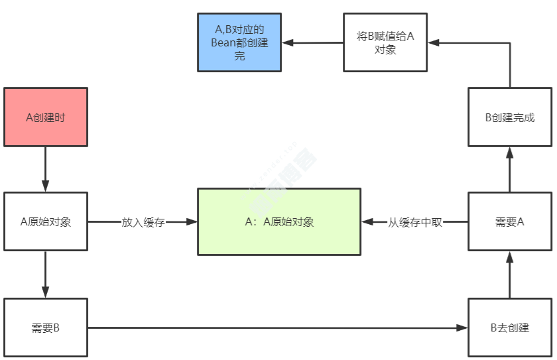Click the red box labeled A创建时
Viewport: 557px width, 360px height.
tap(46, 117)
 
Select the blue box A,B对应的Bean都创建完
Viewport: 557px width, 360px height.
tap(239, 42)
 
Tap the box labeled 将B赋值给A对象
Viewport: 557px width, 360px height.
tap(385, 42)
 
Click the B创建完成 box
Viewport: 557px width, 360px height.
tap(510, 117)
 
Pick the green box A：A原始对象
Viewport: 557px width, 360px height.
tap(279, 221)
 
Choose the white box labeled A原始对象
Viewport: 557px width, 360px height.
tap(46, 221)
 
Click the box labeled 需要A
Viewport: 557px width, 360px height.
tap(510, 221)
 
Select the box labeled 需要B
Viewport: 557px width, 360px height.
tap(46, 328)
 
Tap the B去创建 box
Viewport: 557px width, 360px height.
tap(510, 328)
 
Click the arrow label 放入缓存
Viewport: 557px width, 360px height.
tap(143, 222)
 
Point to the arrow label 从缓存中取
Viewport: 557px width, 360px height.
tap(415, 222)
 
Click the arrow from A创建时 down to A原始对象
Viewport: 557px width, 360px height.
tap(46, 169)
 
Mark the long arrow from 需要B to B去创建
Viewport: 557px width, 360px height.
tap(278, 328)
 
